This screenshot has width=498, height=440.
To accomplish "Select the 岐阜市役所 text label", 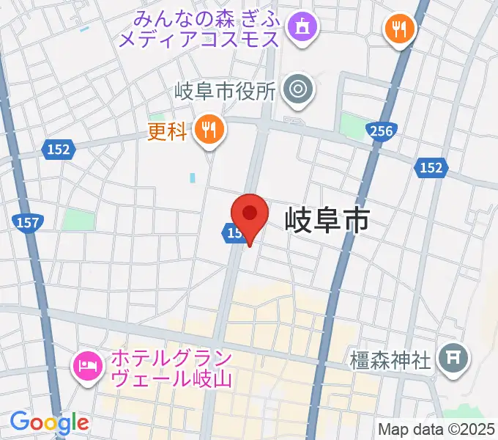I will [x=225, y=91].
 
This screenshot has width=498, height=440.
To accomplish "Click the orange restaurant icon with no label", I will [x=400, y=29].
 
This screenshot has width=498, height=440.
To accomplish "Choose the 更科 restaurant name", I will [x=168, y=131].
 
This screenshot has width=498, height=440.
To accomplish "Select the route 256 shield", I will [x=382, y=131].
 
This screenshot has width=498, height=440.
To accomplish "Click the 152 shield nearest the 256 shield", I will [x=431, y=168].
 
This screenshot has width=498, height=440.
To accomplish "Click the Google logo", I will [x=49, y=422].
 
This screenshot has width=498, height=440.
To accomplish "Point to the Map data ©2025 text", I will [x=436, y=429].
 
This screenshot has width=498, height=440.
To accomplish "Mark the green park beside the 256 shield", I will [x=354, y=128].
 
